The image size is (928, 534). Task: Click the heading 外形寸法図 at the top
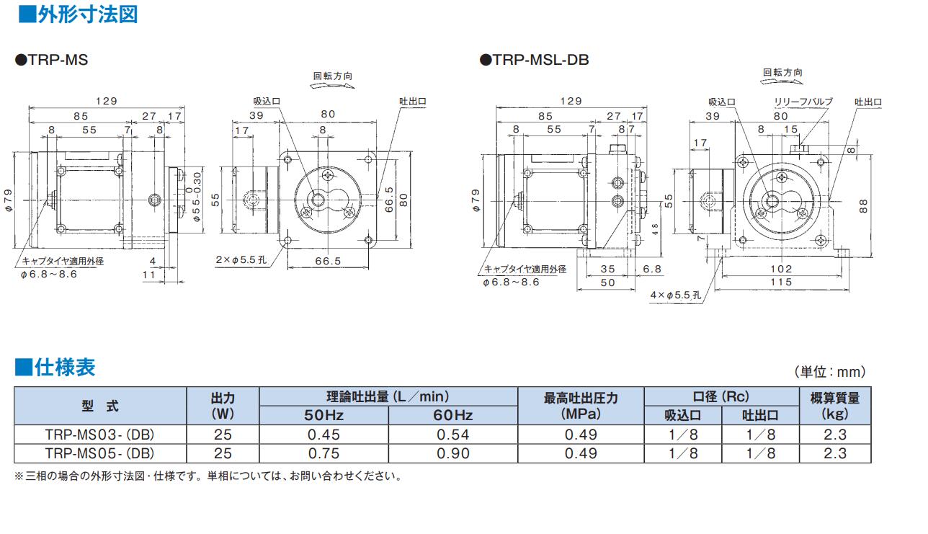76,14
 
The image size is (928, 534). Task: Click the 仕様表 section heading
55,368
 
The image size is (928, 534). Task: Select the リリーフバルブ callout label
803,102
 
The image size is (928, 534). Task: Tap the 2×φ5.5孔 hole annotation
240,258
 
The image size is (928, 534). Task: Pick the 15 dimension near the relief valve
790,129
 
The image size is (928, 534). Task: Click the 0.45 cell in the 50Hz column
324,435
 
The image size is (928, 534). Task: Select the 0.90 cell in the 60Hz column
452,453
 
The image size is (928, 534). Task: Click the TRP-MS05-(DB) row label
100,453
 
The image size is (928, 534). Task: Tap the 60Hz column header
452,415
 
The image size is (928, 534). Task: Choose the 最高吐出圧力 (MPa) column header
580,406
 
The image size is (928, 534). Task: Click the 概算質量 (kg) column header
834,406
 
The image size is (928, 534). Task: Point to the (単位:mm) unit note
829,372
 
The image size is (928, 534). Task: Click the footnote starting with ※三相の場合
208,476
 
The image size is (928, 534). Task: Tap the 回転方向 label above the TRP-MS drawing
332,76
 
